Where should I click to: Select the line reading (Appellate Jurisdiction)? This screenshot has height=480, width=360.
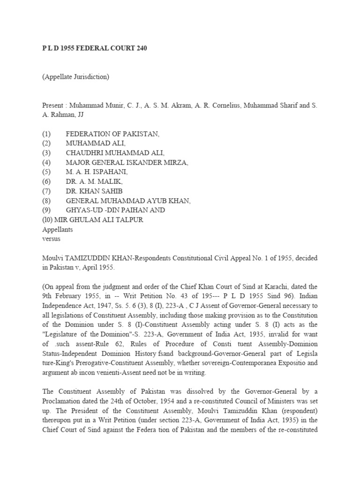(x=75, y=77)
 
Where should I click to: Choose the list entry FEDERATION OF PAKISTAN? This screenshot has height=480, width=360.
(x=112, y=134)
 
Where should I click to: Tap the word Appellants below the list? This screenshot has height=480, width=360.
(x=57, y=229)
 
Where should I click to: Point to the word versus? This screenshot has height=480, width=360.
(x=51, y=239)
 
